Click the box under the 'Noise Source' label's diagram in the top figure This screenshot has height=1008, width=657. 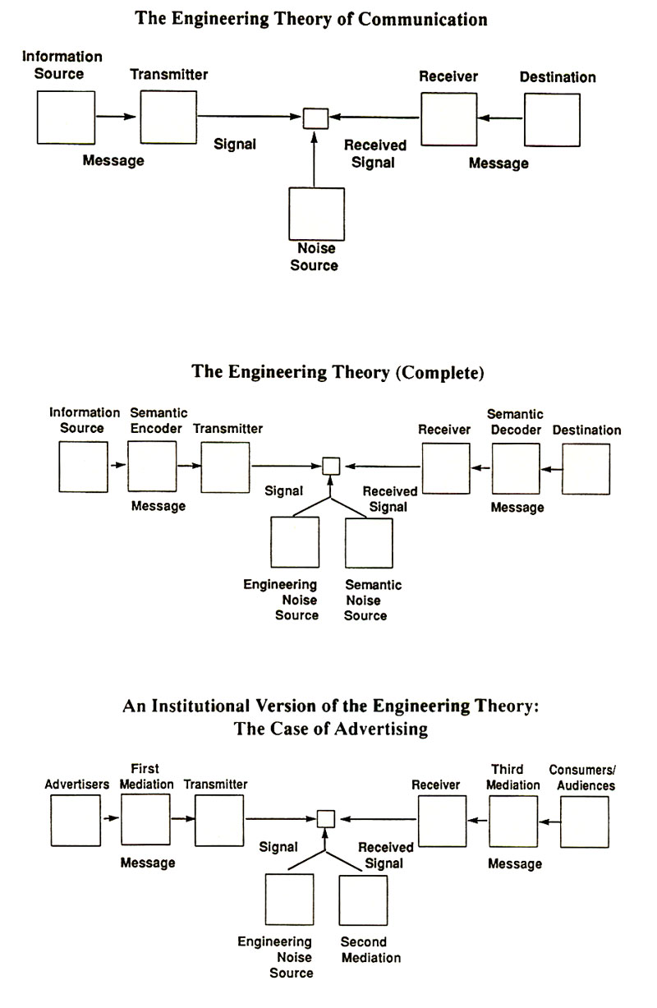[x=316, y=214]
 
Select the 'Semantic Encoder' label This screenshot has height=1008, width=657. [x=159, y=420]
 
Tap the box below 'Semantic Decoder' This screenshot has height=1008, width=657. [x=516, y=468]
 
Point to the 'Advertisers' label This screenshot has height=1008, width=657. [x=77, y=785]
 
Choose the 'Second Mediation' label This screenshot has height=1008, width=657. [x=370, y=950]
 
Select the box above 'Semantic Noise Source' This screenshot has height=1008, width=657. [x=369, y=543]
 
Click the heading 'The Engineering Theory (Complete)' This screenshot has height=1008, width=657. [x=338, y=372]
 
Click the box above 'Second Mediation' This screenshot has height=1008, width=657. [x=363, y=900]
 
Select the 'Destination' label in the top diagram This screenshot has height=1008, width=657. [x=558, y=77]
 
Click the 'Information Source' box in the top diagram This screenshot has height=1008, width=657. [x=66, y=117]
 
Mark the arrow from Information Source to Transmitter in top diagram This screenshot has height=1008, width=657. [x=116, y=117]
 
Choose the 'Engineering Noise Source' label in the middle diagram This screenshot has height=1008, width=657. [x=280, y=600]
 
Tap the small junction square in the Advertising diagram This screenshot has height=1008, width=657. [x=326, y=818]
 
